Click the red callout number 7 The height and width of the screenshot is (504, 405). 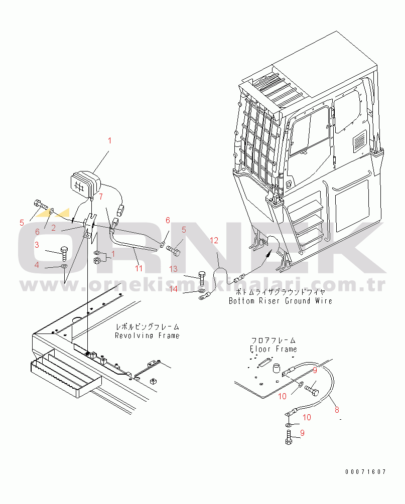[101, 197]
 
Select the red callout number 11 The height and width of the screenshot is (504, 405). [139, 268]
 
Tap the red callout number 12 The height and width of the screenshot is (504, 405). [214, 240]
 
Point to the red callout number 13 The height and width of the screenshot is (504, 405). [173, 269]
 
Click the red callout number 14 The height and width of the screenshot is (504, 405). [173, 289]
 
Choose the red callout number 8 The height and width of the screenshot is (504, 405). [337, 410]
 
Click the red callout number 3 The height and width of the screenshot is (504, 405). [37, 245]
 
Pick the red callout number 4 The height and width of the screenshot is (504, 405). [37, 265]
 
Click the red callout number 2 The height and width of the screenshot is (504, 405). [53, 228]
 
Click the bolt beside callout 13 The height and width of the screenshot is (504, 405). [202, 278]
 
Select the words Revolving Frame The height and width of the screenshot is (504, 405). [147, 335]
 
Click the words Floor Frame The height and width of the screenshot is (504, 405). [274, 349]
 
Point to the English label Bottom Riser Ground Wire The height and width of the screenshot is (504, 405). [281, 301]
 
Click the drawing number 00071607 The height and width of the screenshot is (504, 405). [365, 471]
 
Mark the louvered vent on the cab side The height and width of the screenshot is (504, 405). [360, 141]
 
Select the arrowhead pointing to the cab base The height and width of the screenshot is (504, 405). [267, 255]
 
